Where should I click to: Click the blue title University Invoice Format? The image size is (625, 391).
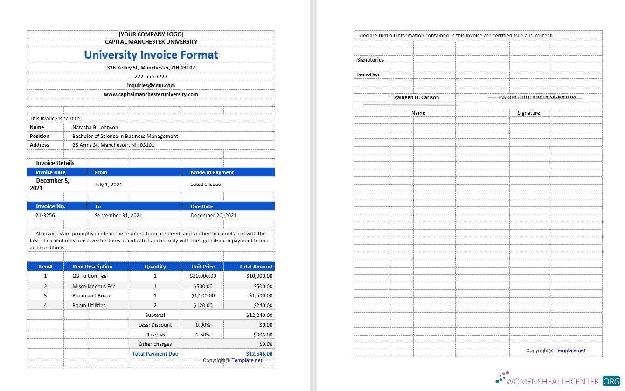pyautogui.click(x=151, y=55)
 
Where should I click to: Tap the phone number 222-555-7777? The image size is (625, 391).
pyautogui.click(x=151, y=76)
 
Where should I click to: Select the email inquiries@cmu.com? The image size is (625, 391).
pyautogui.click(x=151, y=85)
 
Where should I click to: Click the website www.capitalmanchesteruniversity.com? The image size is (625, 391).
pyautogui.click(x=151, y=94)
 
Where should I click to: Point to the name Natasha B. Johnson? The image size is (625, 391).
pyautogui.click(x=95, y=127)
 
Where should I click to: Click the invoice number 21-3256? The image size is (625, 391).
pyautogui.click(x=45, y=215)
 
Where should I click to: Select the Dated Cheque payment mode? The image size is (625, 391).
pyautogui.click(x=206, y=185)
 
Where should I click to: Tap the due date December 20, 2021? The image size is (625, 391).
pyautogui.click(x=214, y=215)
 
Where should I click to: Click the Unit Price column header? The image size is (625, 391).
pyautogui.click(x=203, y=267)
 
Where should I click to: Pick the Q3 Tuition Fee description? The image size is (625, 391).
pyautogui.click(x=90, y=276)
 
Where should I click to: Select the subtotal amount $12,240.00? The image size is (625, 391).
pyautogui.click(x=259, y=315)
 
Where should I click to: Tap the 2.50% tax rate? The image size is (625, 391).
pyautogui.click(x=203, y=335)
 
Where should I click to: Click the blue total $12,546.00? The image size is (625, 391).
pyautogui.click(x=259, y=354)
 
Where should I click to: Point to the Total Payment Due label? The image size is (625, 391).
pyautogui.click(x=155, y=354)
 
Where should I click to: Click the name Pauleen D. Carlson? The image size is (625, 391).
pyautogui.click(x=417, y=97)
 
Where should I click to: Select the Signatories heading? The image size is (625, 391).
pyautogui.click(x=370, y=60)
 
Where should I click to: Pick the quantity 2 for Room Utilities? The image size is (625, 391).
pyautogui.click(x=155, y=305)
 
